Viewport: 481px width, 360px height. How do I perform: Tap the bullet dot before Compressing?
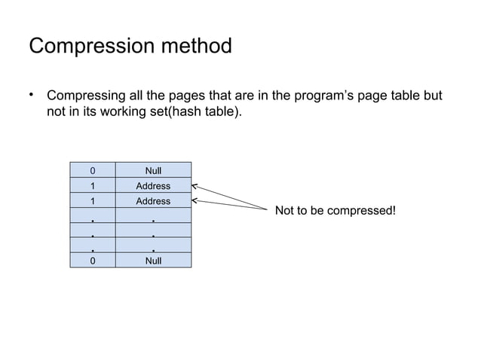click(32, 95)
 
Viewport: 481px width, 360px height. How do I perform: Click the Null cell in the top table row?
click(153, 170)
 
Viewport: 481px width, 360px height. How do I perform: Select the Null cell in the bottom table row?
click(153, 261)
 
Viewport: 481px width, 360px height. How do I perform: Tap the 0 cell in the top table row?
click(92, 170)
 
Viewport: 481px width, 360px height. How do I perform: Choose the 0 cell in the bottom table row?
click(92, 261)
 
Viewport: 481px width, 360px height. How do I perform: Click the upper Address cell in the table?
click(153, 186)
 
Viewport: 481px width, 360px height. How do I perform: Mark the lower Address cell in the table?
click(153, 201)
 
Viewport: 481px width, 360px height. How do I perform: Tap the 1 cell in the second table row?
click(92, 186)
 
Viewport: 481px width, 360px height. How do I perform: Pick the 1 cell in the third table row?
click(92, 201)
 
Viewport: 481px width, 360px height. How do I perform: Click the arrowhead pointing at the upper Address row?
click(195, 185)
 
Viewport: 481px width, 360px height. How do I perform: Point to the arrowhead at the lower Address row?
click(195, 200)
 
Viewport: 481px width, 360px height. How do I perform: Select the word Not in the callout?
click(285, 210)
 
